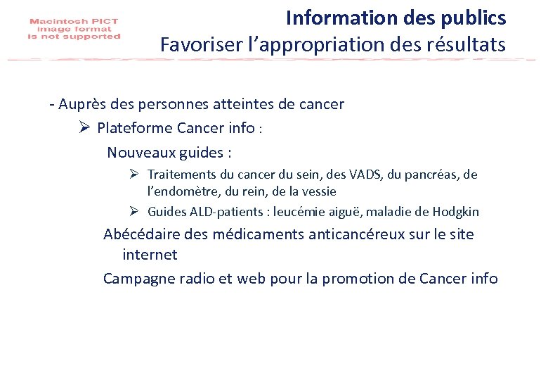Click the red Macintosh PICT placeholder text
click(74, 30)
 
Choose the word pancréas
click(424, 174)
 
